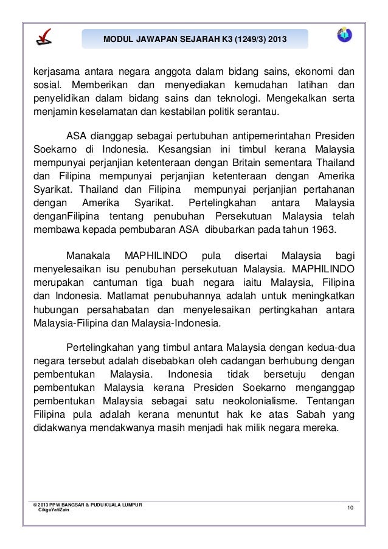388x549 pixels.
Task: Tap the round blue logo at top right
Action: (345, 35)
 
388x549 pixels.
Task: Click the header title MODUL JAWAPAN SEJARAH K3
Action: (194, 39)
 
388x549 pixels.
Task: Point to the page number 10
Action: (350, 507)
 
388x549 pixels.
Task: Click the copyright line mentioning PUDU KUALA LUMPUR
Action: (88, 504)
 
